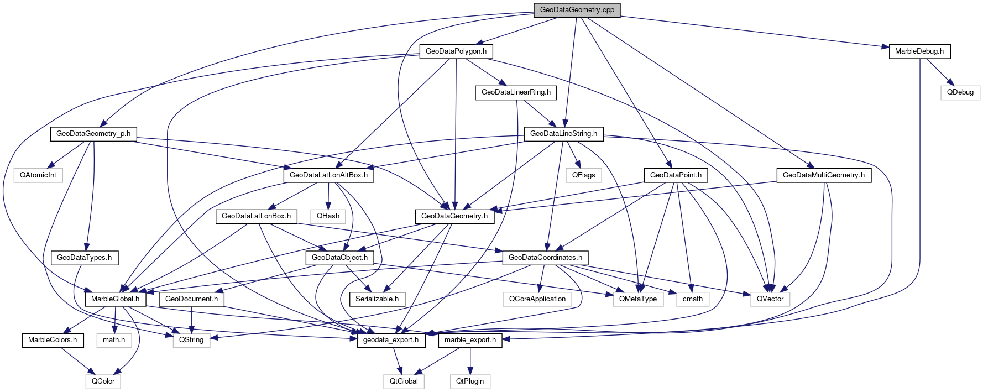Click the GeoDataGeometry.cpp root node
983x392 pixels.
point(577,10)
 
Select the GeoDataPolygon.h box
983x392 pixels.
point(456,51)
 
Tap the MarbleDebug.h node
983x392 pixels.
point(919,51)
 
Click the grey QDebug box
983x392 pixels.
point(960,92)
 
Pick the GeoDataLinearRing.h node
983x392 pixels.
point(516,92)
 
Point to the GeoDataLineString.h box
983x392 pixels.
point(563,134)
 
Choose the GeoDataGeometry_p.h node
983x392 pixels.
point(93,134)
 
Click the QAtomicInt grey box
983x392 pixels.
point(38,175)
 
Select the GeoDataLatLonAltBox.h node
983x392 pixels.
point(328,175)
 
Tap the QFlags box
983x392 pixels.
point(583,175)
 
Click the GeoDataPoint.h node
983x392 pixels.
point(676,175)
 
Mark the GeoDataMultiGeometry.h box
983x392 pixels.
point(824,175)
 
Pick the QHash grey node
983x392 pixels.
point(328,216)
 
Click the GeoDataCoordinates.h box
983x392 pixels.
point(545,258)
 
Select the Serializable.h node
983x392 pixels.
point(377,299)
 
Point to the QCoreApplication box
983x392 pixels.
point(537,299)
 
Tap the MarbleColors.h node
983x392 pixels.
point(53,340)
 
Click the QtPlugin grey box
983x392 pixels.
point(470,381)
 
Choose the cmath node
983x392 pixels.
point(692,299)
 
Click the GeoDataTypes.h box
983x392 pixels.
point(84,258)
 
